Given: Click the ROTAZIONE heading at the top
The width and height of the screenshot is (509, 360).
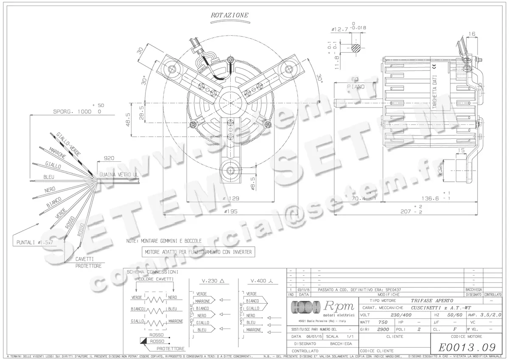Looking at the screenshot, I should pos(229,15).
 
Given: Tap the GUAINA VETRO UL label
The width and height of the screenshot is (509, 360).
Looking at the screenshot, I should pos(119,175).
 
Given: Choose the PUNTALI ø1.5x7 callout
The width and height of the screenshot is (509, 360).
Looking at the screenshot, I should pos(34,242).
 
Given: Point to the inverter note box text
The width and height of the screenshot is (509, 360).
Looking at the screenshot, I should pos(198,252).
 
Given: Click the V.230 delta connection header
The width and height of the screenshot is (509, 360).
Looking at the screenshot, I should pos(213,281).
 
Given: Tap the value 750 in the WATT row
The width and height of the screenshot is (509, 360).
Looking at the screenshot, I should pos(383,322).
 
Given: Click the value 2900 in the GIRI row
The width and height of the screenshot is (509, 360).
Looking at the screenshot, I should pos(383,329).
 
